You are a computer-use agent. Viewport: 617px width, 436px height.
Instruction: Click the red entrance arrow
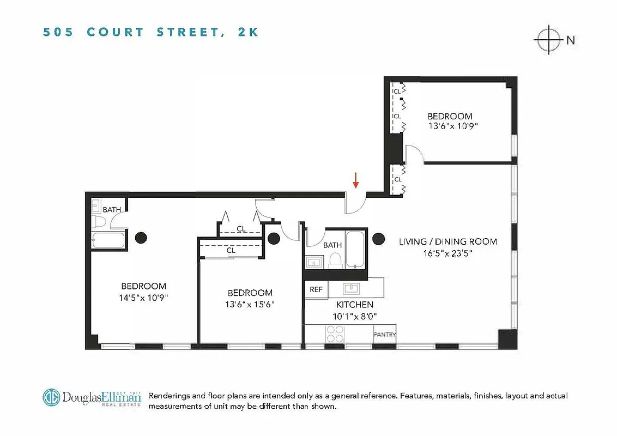pos(355,180)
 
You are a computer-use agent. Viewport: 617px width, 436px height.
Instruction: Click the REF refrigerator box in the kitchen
pos(316,289)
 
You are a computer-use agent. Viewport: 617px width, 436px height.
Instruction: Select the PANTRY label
pos(385,335)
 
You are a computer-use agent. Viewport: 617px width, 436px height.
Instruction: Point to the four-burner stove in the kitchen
pos(334,334)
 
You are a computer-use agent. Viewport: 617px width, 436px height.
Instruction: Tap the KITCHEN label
pos(355,305)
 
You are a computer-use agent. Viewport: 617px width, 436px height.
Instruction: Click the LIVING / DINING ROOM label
pos(447,241)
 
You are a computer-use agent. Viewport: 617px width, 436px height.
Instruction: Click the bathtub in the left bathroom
pos(109,240)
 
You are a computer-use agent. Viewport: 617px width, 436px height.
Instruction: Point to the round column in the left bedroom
pos(141,237)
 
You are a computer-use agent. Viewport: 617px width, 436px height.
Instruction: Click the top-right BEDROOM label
pos(450,116)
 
